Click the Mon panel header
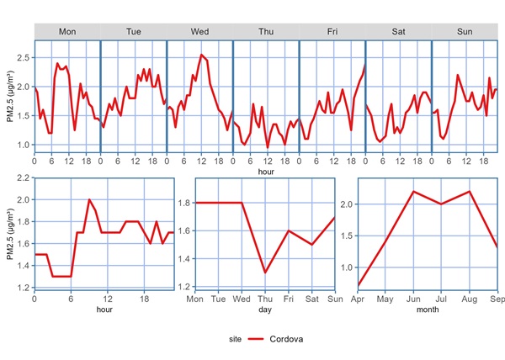click(67, 31)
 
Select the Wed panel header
click(199, 31)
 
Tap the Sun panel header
click(464, 31)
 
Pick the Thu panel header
click(266, 31)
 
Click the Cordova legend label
click(287, 339)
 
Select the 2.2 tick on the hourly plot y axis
click(23, 178)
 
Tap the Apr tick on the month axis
click(359, 299)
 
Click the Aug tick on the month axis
click(470, 299)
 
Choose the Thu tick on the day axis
click(265, 299)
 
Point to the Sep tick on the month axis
click(497, 299)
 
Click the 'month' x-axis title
click(428, 310)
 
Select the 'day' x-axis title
click(265, 310)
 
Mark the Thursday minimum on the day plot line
click(265, 273)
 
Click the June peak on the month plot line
click(414, 192)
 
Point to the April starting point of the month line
click(359, 285)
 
